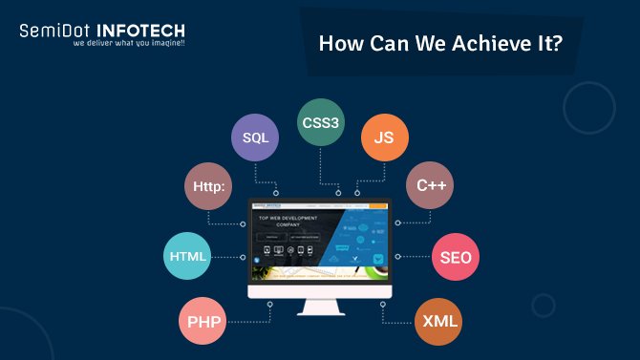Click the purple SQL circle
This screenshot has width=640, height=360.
(255, 138)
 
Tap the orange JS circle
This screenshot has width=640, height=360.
(384, 138)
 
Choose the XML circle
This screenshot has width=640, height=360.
(439, 321)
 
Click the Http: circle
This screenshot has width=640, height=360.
(207, 185)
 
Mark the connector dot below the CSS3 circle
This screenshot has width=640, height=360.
(338, 193)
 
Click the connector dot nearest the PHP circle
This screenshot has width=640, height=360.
(270, 305)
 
